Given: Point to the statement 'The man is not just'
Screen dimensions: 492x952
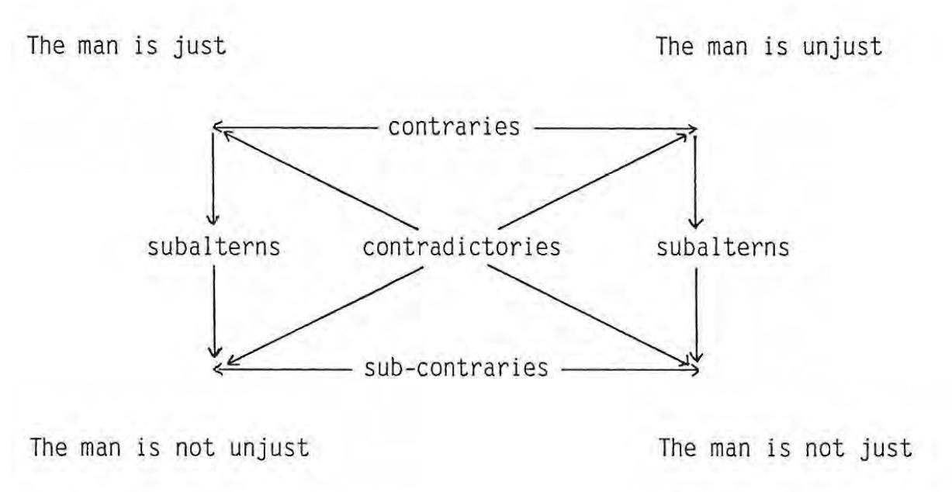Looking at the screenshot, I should pyautogui.click(x=785, y=449).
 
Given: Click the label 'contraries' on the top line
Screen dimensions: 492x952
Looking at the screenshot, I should pyautogui.click(x=454, y=127).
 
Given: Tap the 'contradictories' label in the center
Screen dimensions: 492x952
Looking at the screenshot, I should pyautogui.click(x=462, y=248).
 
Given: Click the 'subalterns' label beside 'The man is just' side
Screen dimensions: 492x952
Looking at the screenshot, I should pyautogui.click(x=213, y=248).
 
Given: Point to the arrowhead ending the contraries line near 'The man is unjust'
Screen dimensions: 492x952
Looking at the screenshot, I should pyautogui.click(x=693, y=130).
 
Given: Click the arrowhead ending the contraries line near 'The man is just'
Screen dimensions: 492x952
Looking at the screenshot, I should pyautogui.click(x=216, y=125).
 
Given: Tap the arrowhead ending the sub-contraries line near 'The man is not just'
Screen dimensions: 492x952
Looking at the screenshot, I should pyautogui.click(x=694, y=370).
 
